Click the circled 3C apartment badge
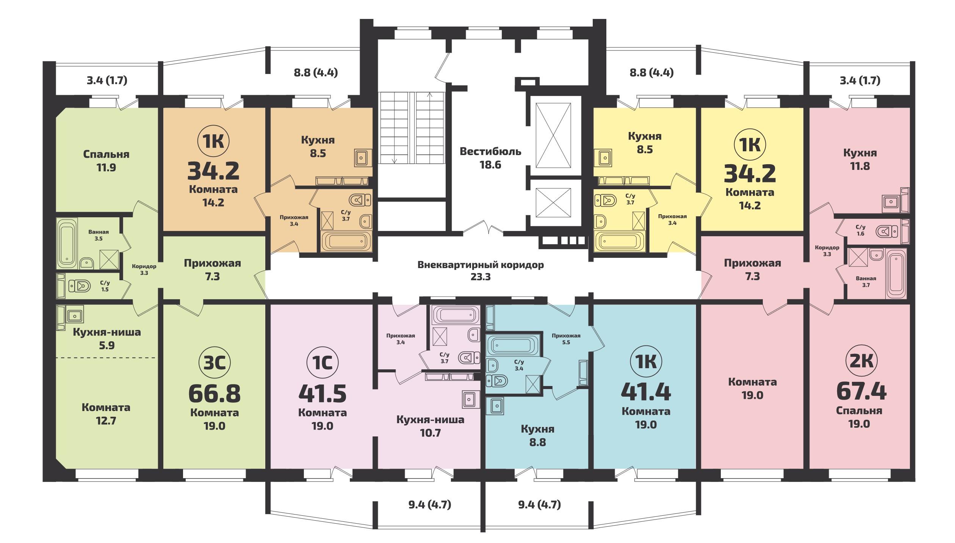point(214,363)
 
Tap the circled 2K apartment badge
point(861,361)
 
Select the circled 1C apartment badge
point(322,363)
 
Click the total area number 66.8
point(214,394)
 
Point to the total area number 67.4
point(861,392)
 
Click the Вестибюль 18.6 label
point(490,158)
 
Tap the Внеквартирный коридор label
point(481,265)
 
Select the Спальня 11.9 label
point(106,161)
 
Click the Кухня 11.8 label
point(860,159)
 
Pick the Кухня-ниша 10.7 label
point(430,426)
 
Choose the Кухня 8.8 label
point(537,436)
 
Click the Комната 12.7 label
point(106,414)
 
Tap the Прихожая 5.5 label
point(566,339)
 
